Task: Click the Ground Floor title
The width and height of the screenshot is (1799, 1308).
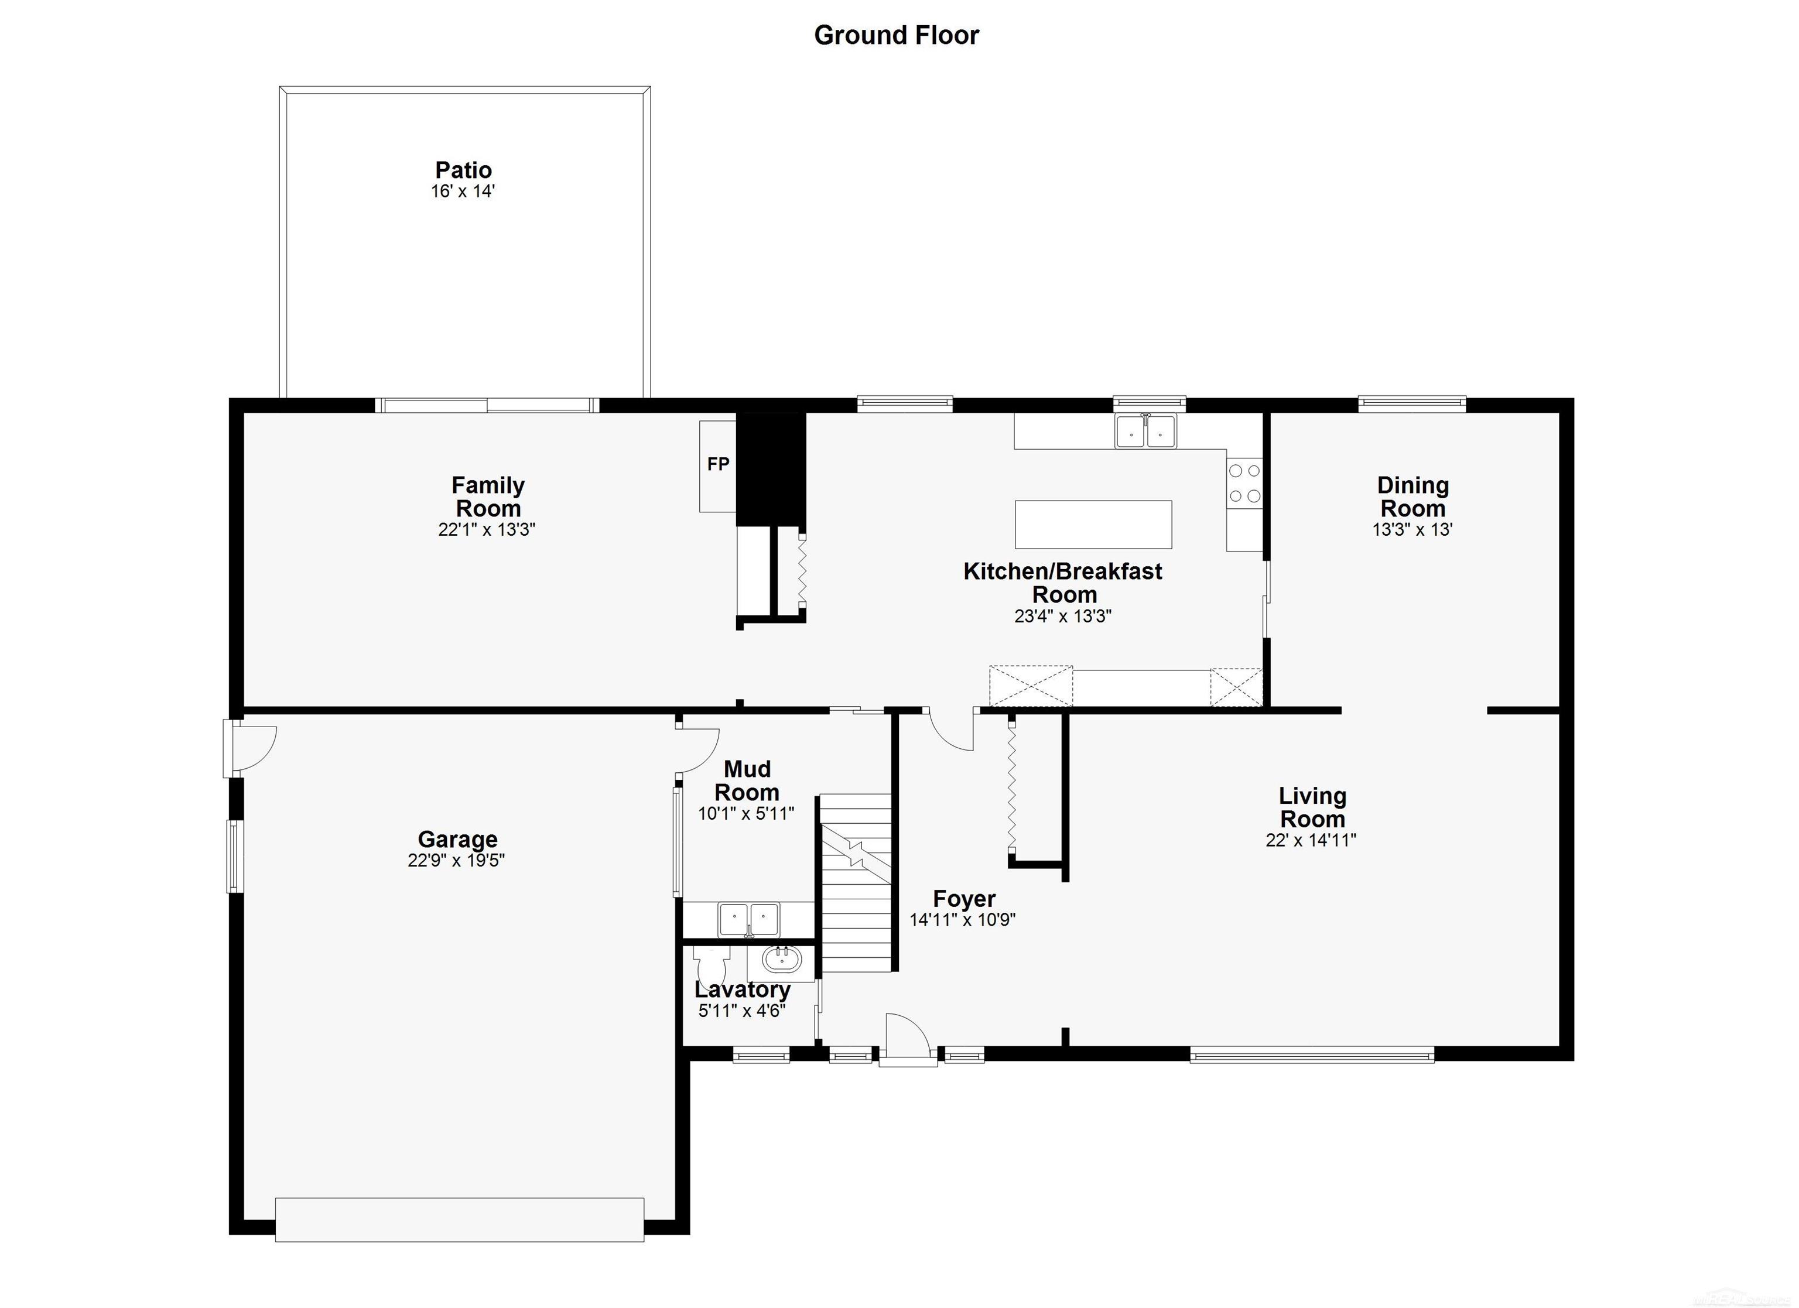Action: [x=897, y=35]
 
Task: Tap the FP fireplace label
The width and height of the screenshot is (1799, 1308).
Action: [x=718, y=464]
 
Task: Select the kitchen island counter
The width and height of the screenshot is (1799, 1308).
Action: [x=1093, y=523]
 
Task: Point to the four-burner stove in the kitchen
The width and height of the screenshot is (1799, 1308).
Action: [x=1244, y=482]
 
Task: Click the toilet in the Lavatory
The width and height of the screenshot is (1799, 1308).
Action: [x=711, y=968]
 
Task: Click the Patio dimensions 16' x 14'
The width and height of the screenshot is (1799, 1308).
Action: [x=463, y=191]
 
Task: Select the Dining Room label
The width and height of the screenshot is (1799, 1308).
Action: [x=1412, y=497]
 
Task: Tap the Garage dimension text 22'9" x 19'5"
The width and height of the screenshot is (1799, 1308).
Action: [x=456, y=861]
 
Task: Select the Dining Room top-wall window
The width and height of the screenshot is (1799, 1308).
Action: [x=1412, y=404]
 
